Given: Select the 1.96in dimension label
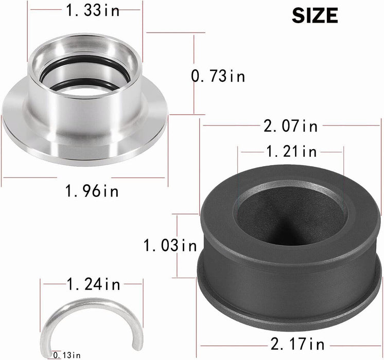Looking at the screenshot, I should pos(92,191).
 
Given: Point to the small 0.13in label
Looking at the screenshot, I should pos(67,355).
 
